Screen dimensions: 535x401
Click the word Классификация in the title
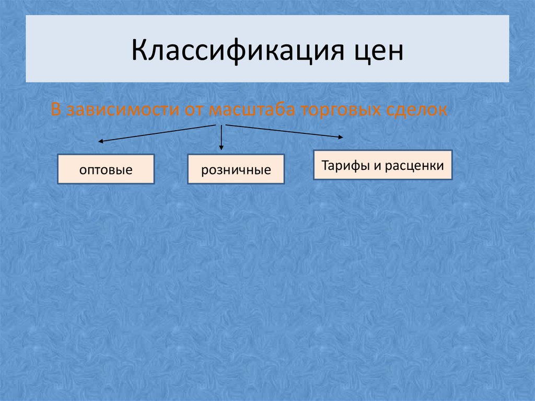pyautogui.click(x=220, y=51)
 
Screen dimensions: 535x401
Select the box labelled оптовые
pyautogui.click(x=106, y=169)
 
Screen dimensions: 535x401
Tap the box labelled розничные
pyautogui.click(x=236, y=169)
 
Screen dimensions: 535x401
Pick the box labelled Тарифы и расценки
pyautogui.click(x=382, y=166)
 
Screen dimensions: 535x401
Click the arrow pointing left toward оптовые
pyautogui.click(x=157, y=133)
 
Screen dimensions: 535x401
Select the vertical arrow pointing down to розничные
pyautogui.click(x=222, y=138)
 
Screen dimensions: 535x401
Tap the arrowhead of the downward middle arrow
pyautogui.click(x=222, y=149)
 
